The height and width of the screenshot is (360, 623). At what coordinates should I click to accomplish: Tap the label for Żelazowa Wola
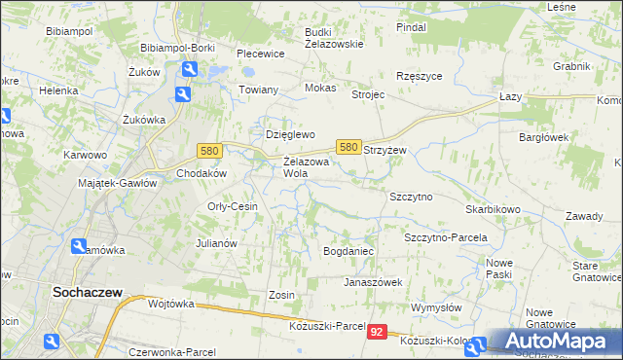[x=303, y=167]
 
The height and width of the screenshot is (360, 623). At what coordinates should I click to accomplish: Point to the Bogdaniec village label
[x=348, y=251]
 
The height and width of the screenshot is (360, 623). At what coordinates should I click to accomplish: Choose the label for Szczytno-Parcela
[x=445, y=237]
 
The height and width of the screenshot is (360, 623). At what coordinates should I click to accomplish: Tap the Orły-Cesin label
[x=232, y=206]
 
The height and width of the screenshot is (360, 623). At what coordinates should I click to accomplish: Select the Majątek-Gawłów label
[x=117, y=183]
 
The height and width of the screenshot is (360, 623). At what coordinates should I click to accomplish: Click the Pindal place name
[x=412, y=27]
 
